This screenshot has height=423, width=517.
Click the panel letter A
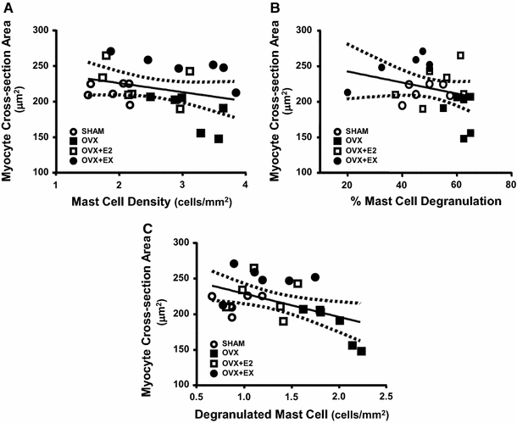point(6,8)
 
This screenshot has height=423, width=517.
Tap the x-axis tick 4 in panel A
point(245,183)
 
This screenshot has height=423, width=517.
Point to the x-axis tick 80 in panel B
point(509,183)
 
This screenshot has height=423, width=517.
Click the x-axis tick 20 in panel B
point(347,183)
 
